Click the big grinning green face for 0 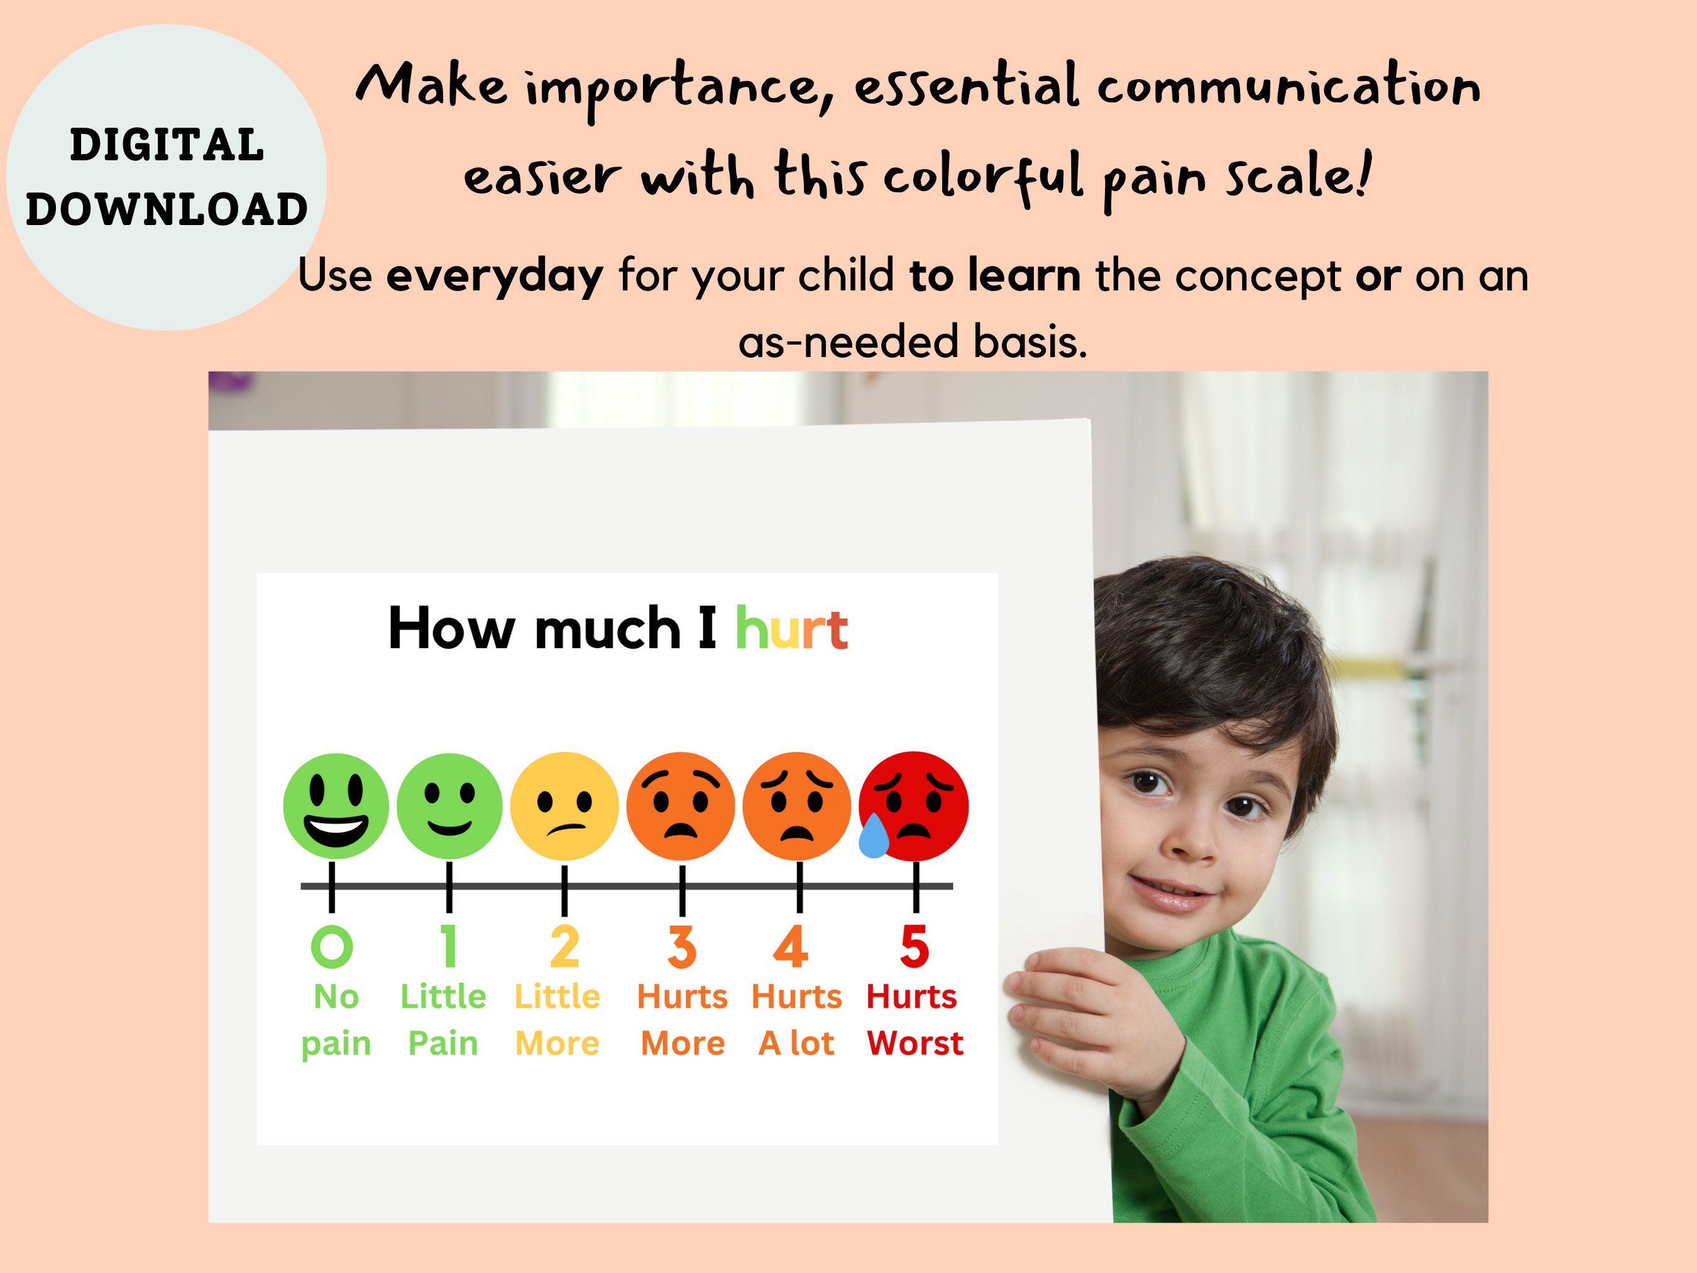tap(335, 806)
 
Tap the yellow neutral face tap(564, 806)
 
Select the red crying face tap(914, 806)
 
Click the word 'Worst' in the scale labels tap(914, 1044)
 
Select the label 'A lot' tap(796, 1044)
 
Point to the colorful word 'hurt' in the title tap(791, 629)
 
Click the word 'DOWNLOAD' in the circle tap(167, 209)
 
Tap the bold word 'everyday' tap(495, 275)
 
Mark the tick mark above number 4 tap(799, 886)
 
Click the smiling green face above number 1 tap(449, 806)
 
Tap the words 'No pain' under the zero tap(336, 1020)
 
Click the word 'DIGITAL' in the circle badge tap(167, 145)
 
